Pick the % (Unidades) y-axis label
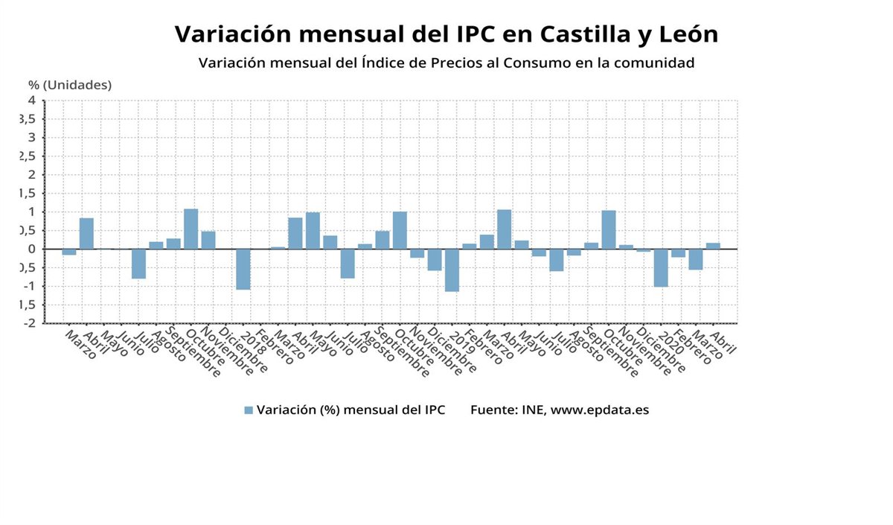[x=70, y=85]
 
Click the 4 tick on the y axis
[x=32, y=101]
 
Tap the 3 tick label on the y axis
[x=32, y=138]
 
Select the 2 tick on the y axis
[x=32, y=175]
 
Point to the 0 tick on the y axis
[x=32, y=249]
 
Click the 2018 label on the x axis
[x=253, y=343]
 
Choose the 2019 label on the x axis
[x=461, y=343]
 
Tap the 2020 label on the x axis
[x=670, y=343]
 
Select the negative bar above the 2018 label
[x=243, y=269]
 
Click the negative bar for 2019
[x=452, y=270]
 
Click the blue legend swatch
[x=249, y=410]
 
